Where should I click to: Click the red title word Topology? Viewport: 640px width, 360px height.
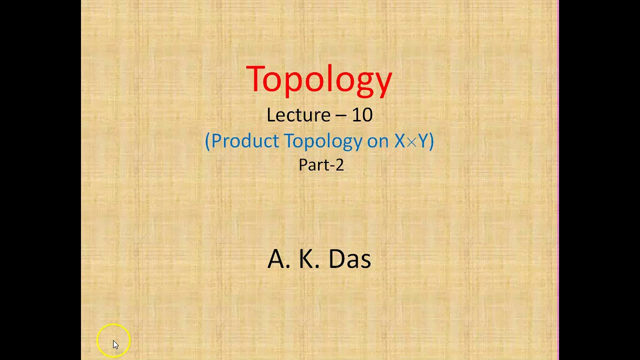(x=319, y=79)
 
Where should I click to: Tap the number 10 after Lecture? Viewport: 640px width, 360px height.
(x=362, y=115)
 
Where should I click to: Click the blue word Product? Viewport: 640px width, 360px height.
(x=245, y=141)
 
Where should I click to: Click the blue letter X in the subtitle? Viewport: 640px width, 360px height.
(x=399, y=141)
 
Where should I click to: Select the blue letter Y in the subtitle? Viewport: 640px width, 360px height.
(x=422, y=141)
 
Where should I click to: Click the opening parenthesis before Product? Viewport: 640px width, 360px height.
(x=207, y=141)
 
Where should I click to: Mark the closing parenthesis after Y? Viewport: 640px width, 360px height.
(x=431, y=141)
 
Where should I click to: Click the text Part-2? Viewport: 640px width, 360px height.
(x=321, y=165)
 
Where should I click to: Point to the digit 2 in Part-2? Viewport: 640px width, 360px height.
(x=339, y=165)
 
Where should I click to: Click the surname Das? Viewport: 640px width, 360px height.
(x=349, y=259)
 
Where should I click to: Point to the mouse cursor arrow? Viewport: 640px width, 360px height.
(x=115, y=344)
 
